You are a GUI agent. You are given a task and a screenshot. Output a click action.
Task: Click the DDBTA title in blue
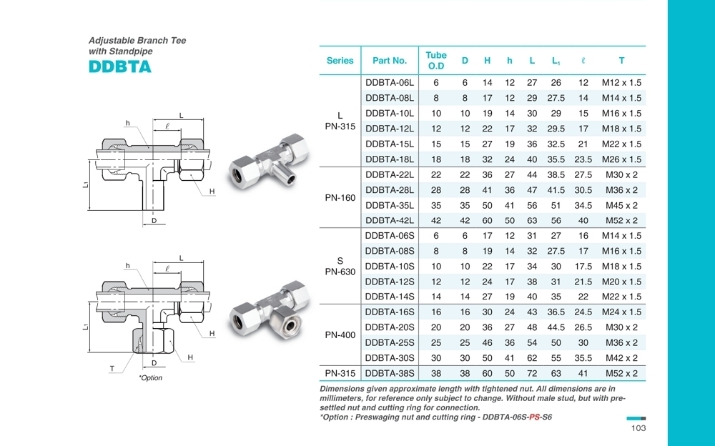pos(120,67)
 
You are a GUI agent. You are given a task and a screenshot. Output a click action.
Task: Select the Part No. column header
pos(390,61)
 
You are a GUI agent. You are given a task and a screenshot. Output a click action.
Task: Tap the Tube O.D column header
pos(436,61)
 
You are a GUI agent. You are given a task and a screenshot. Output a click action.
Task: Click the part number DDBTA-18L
pos(390,159)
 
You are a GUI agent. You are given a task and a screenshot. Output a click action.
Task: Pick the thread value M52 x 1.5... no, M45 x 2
pos(621,205)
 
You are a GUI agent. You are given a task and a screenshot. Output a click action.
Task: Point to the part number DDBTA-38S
pos(390,373)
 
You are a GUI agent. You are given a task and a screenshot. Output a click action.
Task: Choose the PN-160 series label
pos(340,197)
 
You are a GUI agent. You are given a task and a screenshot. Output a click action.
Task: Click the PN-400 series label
pos(340,334)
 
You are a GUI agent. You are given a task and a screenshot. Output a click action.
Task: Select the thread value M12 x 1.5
pos(621,83)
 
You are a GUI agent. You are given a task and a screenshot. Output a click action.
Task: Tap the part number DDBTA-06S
pos(390,236)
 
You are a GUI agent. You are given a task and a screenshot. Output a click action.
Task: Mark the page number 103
pos(638,428)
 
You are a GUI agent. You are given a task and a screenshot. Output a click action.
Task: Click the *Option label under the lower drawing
pos(150,378)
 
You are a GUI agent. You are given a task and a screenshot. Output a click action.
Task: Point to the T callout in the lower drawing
pos(112,369)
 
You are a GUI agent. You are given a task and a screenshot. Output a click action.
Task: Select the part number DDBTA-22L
pos(390,174)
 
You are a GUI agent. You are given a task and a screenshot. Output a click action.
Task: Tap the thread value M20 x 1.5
pos(621,282)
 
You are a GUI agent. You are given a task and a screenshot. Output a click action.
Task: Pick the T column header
pos(621,61)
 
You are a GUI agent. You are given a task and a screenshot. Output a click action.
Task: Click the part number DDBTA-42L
pos(390,220)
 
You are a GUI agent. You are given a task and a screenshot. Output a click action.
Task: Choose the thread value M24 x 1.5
pos(621,312)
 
